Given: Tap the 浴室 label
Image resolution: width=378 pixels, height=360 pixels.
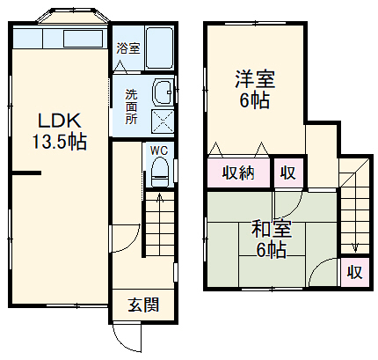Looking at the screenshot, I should (127, 48).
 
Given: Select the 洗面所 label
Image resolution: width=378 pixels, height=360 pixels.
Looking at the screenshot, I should (130, 107).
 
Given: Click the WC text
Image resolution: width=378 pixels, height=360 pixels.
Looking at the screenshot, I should (158, 151).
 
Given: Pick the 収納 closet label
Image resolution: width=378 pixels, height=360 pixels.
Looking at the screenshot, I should (238, 173).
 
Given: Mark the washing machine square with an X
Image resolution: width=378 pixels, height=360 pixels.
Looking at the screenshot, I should (164, 121).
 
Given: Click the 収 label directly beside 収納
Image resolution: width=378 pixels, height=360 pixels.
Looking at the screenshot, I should (287, 173).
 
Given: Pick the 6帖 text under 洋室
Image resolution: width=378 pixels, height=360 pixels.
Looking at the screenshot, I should (256, 99).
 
